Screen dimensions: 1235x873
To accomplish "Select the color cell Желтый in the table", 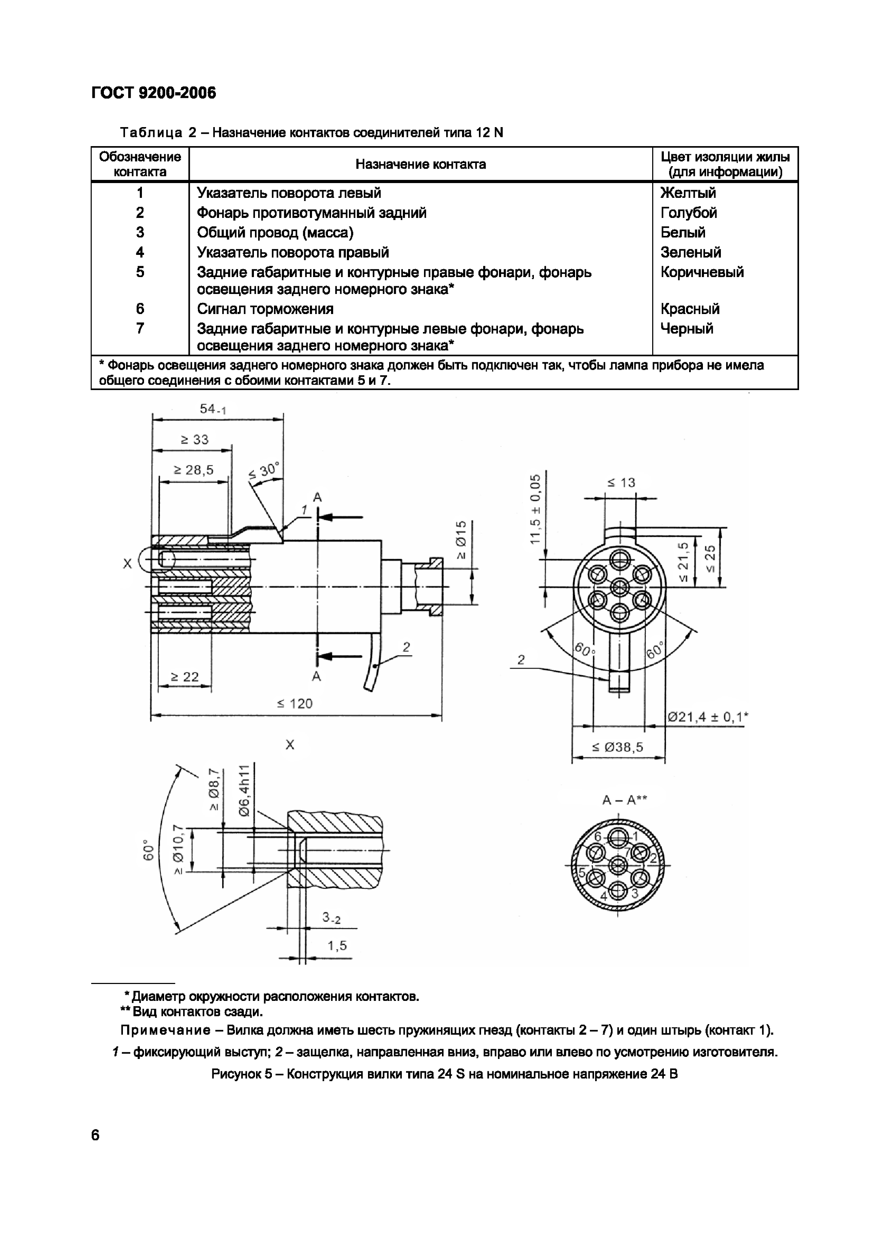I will pos(688,193).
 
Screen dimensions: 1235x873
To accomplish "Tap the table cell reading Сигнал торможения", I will pos(264,309).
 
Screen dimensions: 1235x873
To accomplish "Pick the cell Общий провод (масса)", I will pos(275,232).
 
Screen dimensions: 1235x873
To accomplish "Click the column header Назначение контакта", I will pos(420,164).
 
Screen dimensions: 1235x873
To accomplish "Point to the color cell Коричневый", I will pos(702,272).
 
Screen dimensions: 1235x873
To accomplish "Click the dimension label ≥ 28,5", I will pos(193,470).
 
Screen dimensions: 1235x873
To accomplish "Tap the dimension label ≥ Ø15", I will pos(461,539).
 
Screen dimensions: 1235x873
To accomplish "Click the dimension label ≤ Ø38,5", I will pos(617,747).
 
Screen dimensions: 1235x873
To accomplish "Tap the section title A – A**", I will pos(624,800).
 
